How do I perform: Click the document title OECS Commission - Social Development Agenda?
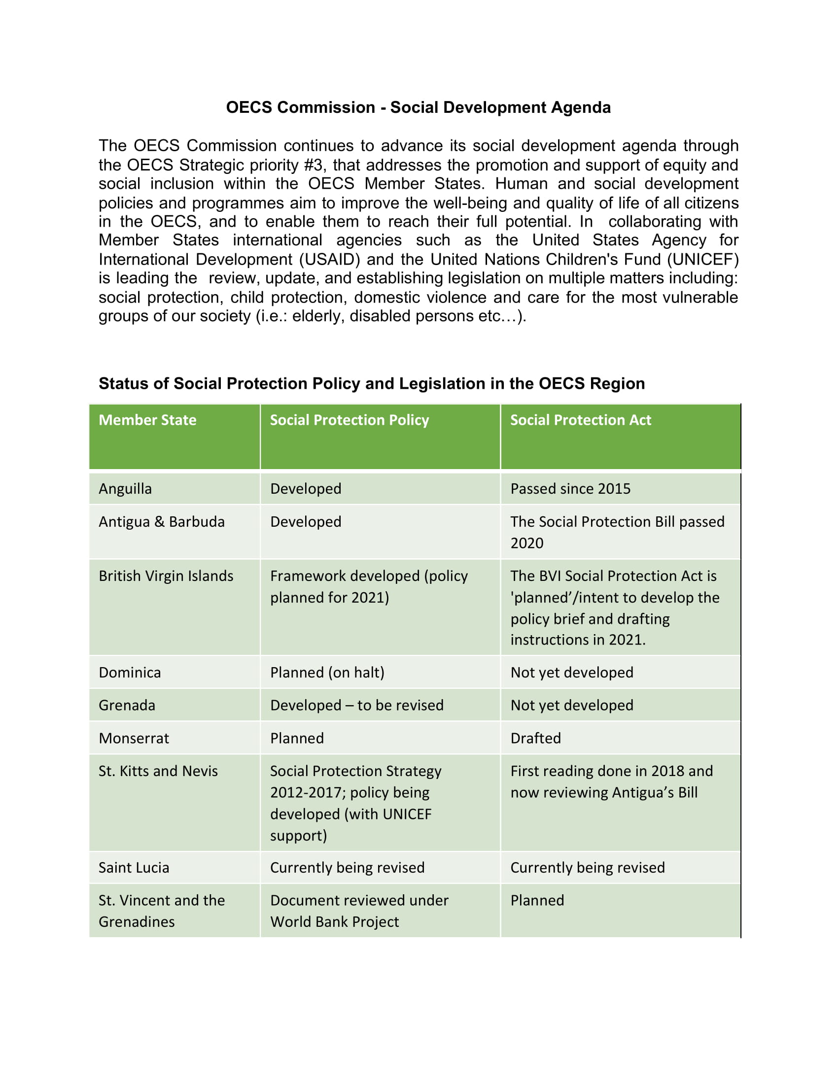418,107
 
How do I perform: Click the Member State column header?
147,420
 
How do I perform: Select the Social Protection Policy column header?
349,420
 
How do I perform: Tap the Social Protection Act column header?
580,420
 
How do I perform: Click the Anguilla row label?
125,488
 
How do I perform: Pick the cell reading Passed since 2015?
570,488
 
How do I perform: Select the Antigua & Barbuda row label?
161,522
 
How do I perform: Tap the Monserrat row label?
134,738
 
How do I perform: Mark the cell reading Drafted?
535,738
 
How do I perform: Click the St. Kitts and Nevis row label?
158,771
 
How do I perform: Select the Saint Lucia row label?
134,868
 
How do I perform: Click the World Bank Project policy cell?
359,911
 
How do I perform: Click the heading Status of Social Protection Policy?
371,383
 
